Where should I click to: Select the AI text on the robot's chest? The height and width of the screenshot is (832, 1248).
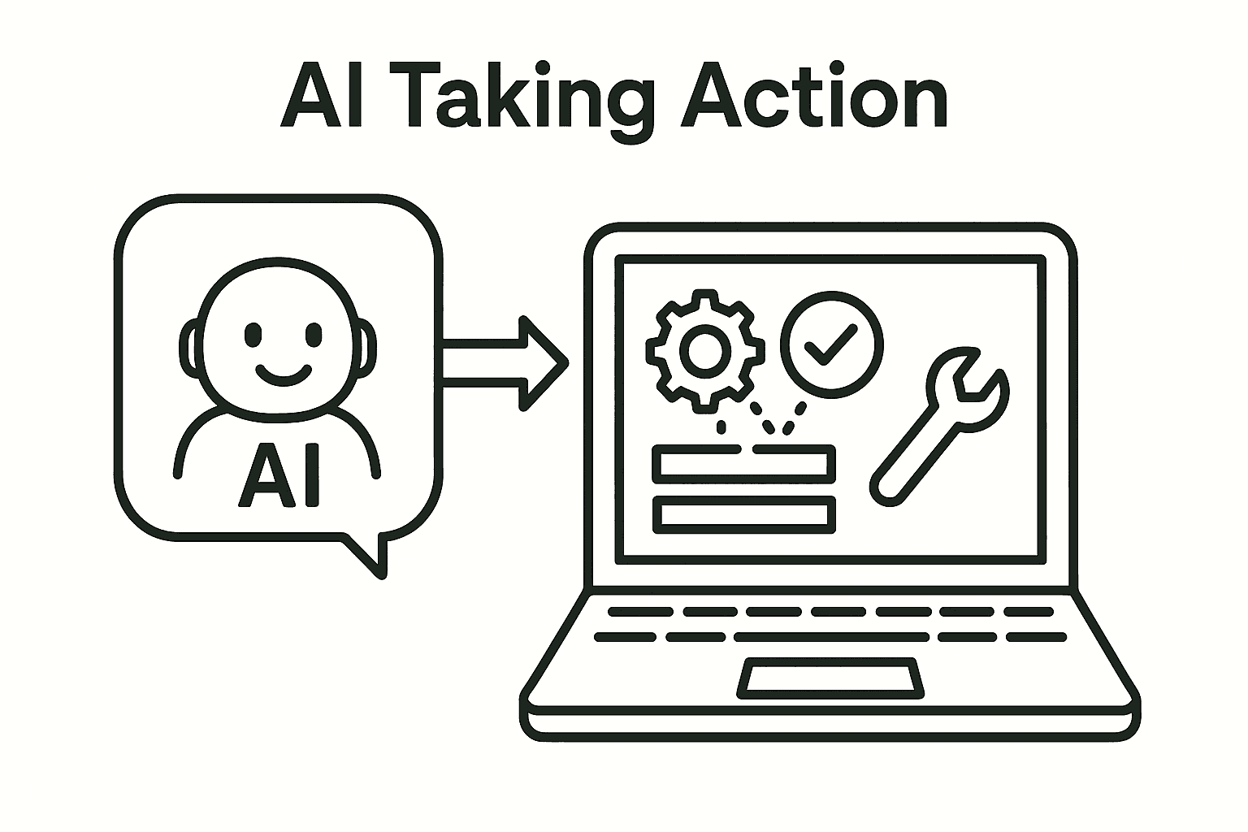point(279,473)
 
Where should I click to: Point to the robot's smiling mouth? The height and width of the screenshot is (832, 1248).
point(283,375)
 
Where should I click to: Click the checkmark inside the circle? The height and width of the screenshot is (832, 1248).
point(830,344)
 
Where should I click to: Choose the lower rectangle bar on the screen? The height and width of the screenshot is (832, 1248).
point(743,514)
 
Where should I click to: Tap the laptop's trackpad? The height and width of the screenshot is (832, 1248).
point(831,679)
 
